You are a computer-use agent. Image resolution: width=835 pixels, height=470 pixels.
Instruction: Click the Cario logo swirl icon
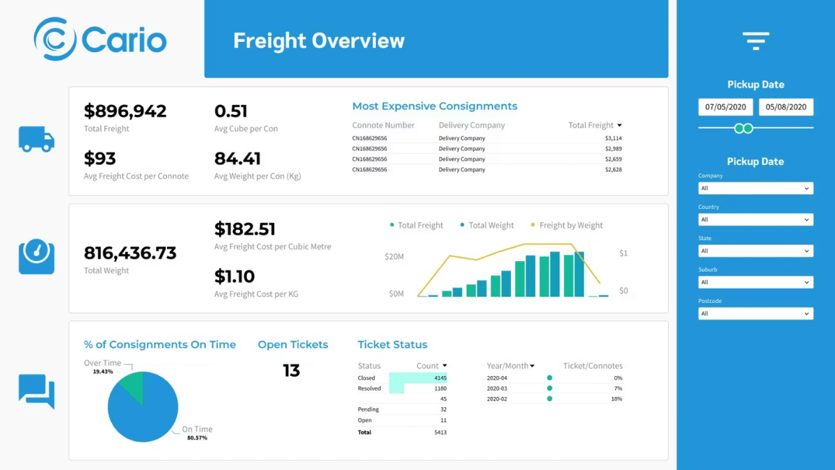pyautogui.click(x=55, y=40)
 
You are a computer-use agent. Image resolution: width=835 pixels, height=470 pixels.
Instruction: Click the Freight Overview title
pyautogui.click(x=318, y=40)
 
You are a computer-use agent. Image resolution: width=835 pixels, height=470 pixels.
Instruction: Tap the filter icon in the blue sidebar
pyautogui.click(x=756, y=41)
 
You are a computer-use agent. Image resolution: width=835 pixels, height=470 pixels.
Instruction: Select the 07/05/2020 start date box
pyautogui.click(x=725, y=107)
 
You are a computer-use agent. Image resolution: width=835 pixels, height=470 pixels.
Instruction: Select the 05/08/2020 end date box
pyautogui.click(x=786, y=107)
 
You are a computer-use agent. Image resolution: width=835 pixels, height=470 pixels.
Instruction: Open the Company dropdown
pyautogui.click(x=755, y=189)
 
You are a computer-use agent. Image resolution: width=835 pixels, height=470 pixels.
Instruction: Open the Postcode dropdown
pyautogui.click(x=755, y=314)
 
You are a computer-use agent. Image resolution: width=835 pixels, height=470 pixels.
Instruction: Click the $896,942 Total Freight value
pyautogui.click(x=125, y=111)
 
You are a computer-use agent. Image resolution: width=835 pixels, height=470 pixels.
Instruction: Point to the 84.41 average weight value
pyautogui.click(x=237, y=159)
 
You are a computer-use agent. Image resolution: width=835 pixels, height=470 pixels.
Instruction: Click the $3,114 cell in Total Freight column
pyautogui.click(x=612, y=139)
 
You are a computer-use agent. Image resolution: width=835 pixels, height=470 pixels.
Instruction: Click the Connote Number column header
pyautogui.click(x=383, y=125)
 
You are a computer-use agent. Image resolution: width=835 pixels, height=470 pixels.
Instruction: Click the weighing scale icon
pyautogui.click(x=36, y=257)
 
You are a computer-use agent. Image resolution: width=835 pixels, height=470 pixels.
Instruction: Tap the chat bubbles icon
pyautogui.click(x=36, y=391)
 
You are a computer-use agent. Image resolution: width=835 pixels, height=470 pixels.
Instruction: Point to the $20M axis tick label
pyautogui.click(x=394, y=257)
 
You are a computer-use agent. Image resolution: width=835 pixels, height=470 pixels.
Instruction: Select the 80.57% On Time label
pyautogui.click(x=197, y=438)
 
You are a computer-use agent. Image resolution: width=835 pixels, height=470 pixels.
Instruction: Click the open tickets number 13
pyautogui.click(x=291, y=370)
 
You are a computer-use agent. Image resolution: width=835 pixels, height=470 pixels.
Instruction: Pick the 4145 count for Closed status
pyautogui.click(x=439, y=378)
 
